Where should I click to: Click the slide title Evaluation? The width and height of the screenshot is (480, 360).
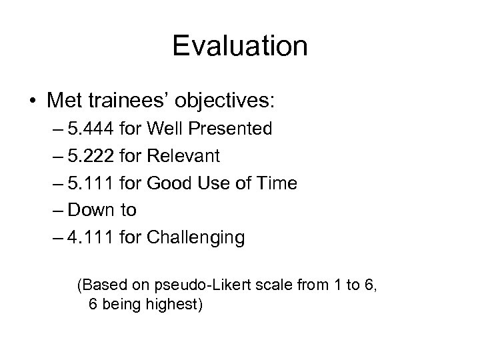pos(240,47)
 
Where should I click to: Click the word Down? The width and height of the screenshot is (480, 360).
pos(92,210)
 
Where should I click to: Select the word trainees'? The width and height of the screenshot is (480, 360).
pos(121,101)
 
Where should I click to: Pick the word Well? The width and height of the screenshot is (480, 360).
pos(160,129)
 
